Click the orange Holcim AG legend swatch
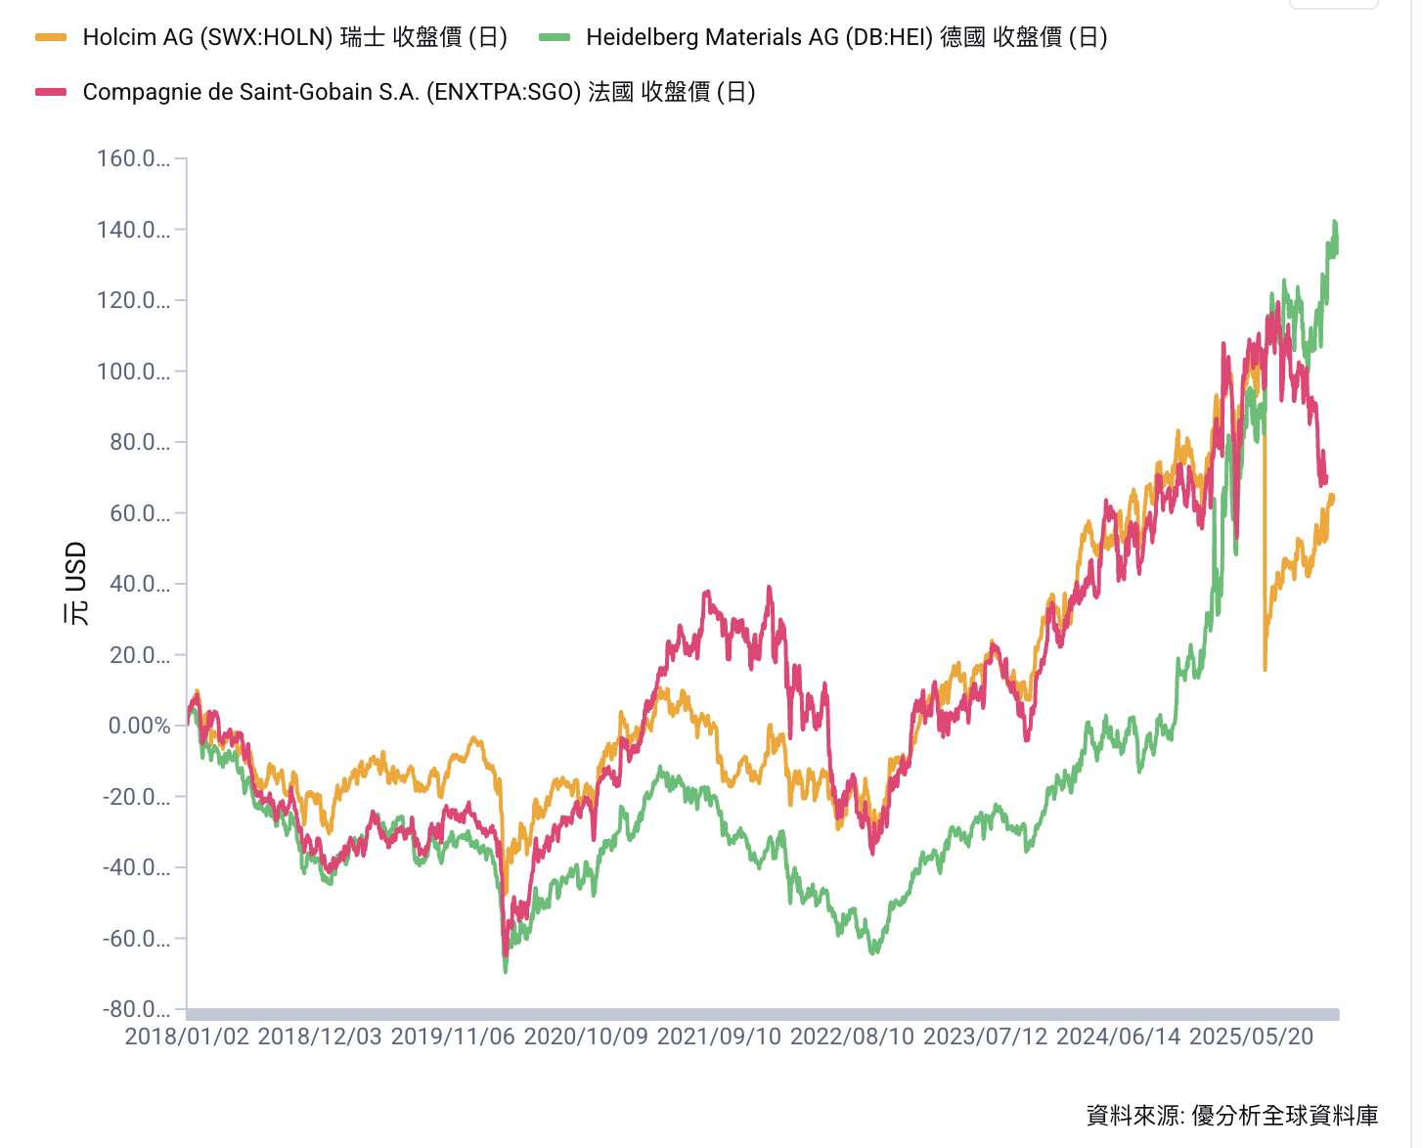pyautogui.click(x=51, y=37)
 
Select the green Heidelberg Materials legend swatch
pyautogui.click(x=555, y=37)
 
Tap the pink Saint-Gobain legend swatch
pyautogui.click(x=51, y=92)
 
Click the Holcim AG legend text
pyautogui.click(x=294, y=37)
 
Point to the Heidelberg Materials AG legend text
pyautogui.click(x=846, y=37)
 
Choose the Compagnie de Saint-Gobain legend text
pyautogui.click(x=419, y=92)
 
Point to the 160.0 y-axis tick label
pyautogui.click(x=133, y=158)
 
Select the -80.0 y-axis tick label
pyautogui.click(x=136, y=1009)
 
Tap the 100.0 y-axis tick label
pyautogui.click(x=133, y=372)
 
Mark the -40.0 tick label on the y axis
pyautogui.click(x=136, y=867)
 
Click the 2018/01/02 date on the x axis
pyautogui.click(x=187, y=1037)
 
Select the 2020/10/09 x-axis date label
pyautogui.click(x=586, y=1037)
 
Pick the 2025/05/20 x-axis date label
pyautogui.click(x=1251, y=1037)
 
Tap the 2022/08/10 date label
pyautogui.click(x=852, y=1037)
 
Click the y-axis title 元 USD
pyautogui.click(x=76, y=584)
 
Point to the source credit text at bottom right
pyautogui.click(x=1231, y=1115)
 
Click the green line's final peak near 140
pyautogui.click(x=1335, y=223)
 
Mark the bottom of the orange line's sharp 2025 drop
pyautogui.click(x=1265, y=669)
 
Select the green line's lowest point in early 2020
pyautogui.click(x=505, y=971)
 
